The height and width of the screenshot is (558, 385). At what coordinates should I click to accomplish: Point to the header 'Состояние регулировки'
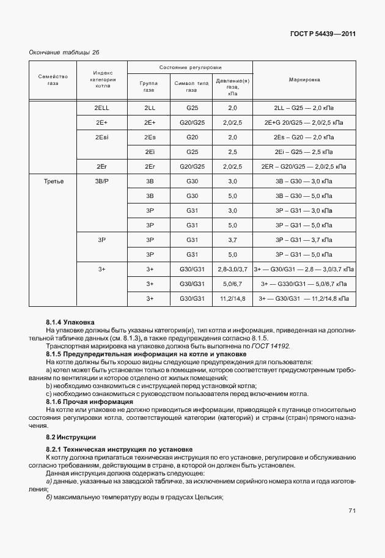191,67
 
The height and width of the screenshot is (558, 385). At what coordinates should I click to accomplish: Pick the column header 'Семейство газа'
53,79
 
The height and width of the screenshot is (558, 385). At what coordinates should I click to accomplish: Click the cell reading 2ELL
102,108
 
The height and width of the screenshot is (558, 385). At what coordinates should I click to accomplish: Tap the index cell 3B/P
102,181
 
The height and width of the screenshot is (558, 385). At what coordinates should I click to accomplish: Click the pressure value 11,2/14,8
232,298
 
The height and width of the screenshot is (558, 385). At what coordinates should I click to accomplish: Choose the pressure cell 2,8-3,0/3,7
232,269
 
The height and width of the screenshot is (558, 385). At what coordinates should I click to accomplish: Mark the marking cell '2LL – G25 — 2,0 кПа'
304,108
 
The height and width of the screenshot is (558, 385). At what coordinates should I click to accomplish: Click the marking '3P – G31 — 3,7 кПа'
304,240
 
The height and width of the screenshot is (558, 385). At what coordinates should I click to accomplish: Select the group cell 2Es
150,137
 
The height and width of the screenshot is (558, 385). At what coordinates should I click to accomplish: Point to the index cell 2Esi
102,137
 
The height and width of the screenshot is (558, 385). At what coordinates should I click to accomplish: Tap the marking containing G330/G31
304,284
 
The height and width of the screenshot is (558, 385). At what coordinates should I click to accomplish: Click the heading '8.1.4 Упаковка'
70,321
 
